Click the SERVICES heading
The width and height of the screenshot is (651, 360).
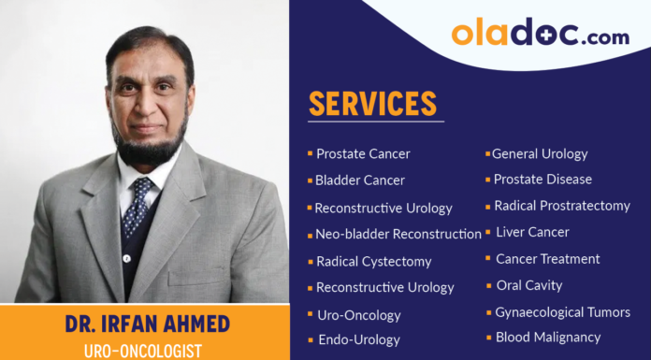(x=373, y=103)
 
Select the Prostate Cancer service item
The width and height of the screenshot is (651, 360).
(x=363, y=154)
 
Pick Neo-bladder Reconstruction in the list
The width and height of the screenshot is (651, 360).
(x=398, y=234)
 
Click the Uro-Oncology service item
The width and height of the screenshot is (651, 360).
(x=358, y=315)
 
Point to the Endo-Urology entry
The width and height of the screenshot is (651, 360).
(x=359, y=340)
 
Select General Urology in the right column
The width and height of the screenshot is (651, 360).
(x=540, y=153)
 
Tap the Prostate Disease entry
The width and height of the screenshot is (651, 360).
(x=542, y=179)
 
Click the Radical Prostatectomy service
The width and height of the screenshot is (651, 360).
(x=562, y=206)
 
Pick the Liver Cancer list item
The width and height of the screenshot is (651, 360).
(x=532, y=232)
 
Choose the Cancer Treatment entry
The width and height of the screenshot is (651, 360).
(x=547, y=259)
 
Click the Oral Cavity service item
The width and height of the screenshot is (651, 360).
(x=528, y=285)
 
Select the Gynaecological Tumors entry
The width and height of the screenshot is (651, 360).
(x=562, y=312)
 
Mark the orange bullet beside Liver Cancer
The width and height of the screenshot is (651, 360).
(x=487, y=231)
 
